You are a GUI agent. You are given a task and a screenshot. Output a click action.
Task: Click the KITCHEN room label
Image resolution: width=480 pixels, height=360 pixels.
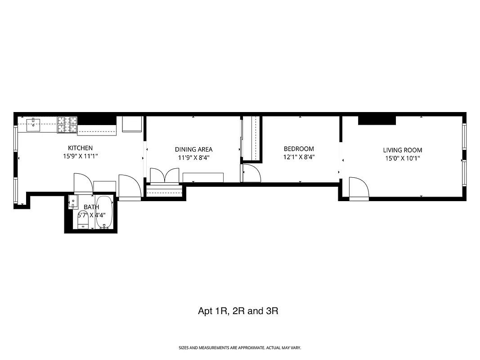tap(80, 148)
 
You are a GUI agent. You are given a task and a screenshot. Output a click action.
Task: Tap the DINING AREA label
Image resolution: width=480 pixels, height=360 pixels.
tap(193, 149)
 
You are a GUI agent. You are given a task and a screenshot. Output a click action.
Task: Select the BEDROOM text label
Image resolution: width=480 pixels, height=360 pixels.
tap(299, 149)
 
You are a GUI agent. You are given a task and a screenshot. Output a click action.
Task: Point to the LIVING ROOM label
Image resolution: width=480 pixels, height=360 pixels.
tap(403, 150)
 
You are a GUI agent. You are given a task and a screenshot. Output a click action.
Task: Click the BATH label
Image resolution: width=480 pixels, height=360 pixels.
tap(91, 207)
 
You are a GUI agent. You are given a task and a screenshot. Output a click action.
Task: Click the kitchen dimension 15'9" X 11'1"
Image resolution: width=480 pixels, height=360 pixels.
tap(80, 157)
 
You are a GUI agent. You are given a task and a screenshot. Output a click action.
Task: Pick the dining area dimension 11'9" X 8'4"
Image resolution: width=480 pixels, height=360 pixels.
tap(193, 158)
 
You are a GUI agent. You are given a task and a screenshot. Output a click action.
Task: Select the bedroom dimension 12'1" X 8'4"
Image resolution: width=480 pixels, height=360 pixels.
tap(299, 157)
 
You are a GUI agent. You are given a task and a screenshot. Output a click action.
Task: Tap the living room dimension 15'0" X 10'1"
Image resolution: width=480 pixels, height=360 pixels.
tap(403, 158)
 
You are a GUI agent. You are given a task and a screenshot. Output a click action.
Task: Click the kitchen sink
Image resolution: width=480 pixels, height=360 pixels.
tap(34, 124)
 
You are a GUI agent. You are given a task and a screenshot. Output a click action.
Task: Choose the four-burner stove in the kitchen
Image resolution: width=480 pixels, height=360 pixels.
tap(67, 125)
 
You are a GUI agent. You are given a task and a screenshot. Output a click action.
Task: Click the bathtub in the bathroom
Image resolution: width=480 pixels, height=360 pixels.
tap(104, 212)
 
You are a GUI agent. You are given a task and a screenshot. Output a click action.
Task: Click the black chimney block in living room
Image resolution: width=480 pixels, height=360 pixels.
tap(377, 120)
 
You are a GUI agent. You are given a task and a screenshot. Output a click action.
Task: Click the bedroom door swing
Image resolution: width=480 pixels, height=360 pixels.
tap(251, 173)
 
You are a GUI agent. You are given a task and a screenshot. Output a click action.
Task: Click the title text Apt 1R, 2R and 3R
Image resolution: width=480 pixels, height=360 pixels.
tap(238, 311)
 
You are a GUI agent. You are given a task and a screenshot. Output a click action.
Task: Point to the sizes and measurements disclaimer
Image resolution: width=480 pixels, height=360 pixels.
tap(240, 348)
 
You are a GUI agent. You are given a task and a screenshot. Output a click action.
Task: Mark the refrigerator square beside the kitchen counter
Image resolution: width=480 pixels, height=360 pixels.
tap(132, 124)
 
